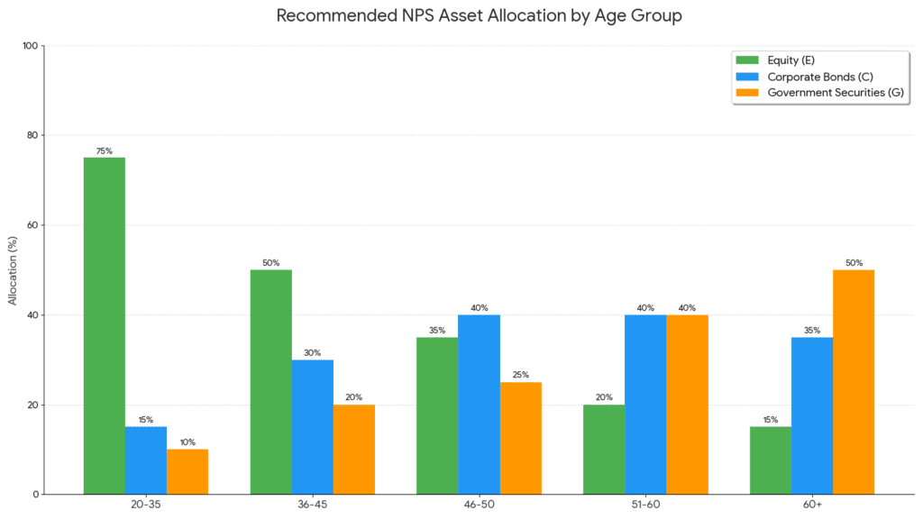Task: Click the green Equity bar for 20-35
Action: (104, 325)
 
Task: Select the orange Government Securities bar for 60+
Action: (853, 381)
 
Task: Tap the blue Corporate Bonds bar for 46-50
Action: (479, 404)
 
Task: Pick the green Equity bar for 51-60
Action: (604, 449)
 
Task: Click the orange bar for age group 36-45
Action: (353, 449)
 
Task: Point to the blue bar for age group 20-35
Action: (145, 460)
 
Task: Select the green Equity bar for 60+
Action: (770, 460)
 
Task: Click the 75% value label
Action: (104, 151)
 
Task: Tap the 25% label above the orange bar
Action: (520, 375)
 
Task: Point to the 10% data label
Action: (187, 442)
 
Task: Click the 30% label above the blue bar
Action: (312, 353)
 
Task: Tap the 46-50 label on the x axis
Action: (479, 505)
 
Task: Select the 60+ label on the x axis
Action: (811, 505)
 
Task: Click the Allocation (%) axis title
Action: (13, 270)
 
